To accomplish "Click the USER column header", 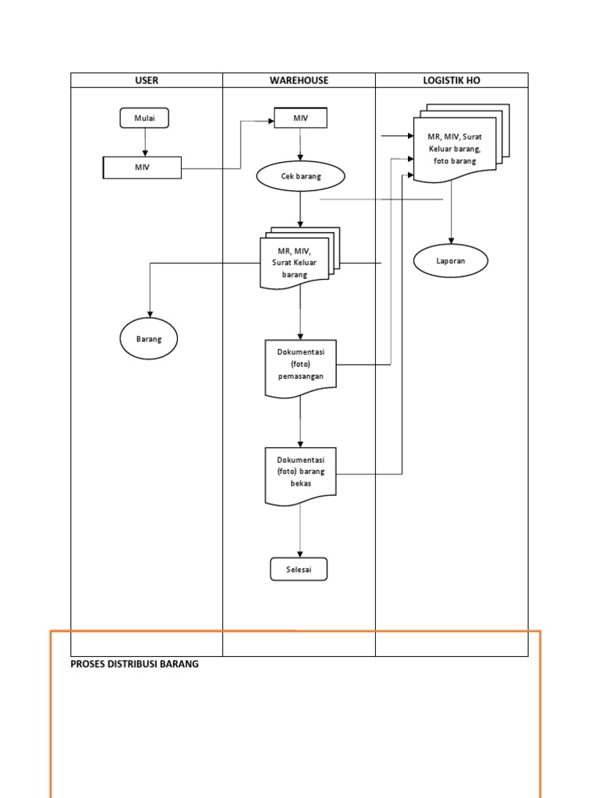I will [x=147, y=80].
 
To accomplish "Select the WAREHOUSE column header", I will [x=299, y=80].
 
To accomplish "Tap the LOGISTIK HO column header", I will [x=452, y=80].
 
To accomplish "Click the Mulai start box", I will [x=144, y=118].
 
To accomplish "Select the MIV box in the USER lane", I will [x=143, y=168].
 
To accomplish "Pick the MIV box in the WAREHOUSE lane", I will [x=300, y=118].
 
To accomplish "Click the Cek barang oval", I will [x=300, y=177].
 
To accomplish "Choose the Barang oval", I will [x=148, y=339].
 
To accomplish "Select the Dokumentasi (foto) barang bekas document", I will [x=300, y=473].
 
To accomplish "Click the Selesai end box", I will [x=299, y=570].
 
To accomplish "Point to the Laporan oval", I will [x=450, y=261].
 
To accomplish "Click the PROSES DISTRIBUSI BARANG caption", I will [x=135, y=664].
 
